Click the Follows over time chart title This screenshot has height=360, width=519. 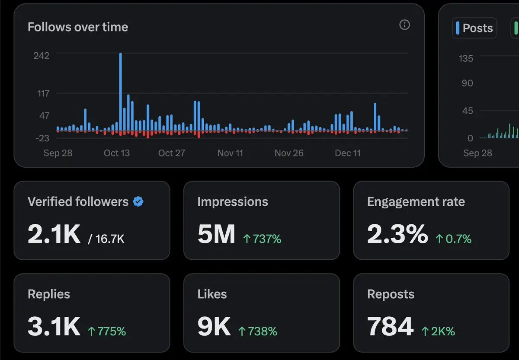pyautogui.click(x=78, y=27)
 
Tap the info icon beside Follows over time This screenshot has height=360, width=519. pyautogui.click(x=404, y=25)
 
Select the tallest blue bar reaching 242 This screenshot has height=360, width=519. pyautogui.click(x=120, y=91)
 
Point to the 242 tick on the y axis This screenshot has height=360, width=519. pyautogui.click(x=42, y=55)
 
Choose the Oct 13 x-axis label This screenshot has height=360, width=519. pyautogui.click(x=116, y=153)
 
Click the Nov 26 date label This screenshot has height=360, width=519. pyautogui.click(x=289, y=153)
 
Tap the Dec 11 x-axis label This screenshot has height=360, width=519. pyautogui.click(x=347, y=153)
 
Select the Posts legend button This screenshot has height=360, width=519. pyautogui.click(x=474, y=28)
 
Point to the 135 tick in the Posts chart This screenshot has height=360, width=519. pyautogui.click(x=466, y=58)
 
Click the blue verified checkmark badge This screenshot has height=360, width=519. pyautogui.click(x=138, y=201)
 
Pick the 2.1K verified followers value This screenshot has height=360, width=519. pyautogui.click(x=54, y=234)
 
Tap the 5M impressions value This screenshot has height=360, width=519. pyautogui.click(x=216, y=234)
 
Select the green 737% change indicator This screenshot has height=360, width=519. pyautogui.click(x=262, y=239)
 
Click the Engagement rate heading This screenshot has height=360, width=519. pyautogui.click(x=416, y=201)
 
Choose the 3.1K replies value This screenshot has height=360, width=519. pyautogui.click(x=54, y=327)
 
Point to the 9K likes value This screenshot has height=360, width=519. pyautogui.click(x=214, y=327)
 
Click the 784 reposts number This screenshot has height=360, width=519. pyautogui.click(x=390, y=327)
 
